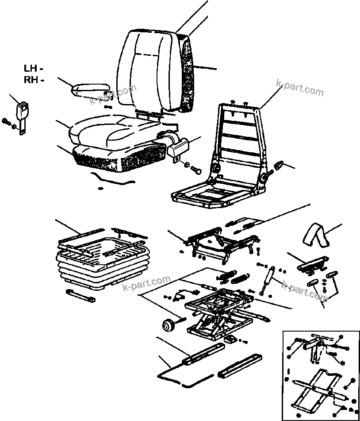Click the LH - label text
click(33, 69)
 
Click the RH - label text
click(33, 80)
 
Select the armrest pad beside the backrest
click(90, 88)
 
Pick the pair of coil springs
click(232, 278)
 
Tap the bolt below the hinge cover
click(193, 169)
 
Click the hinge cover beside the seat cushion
click(178, 147)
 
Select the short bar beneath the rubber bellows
click(80, 295)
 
